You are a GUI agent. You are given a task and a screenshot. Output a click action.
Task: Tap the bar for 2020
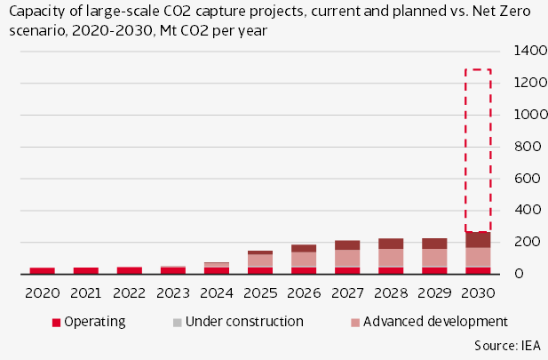(x=42, y=270)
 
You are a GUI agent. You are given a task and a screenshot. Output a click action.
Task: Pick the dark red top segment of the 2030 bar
(x=478, y=240)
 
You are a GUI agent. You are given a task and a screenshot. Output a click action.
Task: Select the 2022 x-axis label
(x=129, y=292)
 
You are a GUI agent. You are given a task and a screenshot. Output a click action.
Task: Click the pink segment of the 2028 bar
(x=391, y=257)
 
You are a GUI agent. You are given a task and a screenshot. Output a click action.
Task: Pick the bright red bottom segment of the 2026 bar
(x=304, y=270)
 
